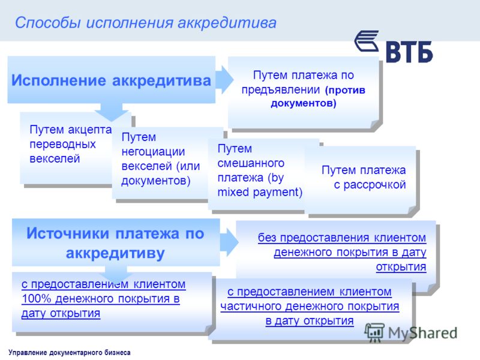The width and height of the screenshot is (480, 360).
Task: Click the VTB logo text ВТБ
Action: coord(409,52)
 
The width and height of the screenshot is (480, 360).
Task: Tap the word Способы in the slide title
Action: coord(48,23)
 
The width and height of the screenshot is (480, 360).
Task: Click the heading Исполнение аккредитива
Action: coord(111,80)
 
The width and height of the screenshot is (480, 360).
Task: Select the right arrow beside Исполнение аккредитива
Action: coord(224,80)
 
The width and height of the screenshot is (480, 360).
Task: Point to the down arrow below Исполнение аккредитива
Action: coord(112,112)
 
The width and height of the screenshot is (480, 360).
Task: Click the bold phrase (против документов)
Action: coord(318,97)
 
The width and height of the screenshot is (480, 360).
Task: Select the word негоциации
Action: coord(153,152)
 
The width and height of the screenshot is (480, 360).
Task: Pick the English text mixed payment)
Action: coord(260,192)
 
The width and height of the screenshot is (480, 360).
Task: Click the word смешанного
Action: coord(251,163)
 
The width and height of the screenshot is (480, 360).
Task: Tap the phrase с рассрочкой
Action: coord(370,185)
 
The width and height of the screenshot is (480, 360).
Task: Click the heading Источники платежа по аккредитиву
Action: coord(115,243)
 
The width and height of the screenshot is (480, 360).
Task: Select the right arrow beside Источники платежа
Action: coord(229,242)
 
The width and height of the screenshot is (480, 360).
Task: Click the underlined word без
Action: coord(268,238)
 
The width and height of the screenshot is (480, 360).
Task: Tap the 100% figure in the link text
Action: coord(37,298)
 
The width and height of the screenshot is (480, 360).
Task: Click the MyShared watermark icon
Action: coord(374,332)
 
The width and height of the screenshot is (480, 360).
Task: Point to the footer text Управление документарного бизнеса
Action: coord(70,352)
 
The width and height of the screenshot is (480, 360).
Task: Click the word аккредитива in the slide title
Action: coord(227,23)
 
